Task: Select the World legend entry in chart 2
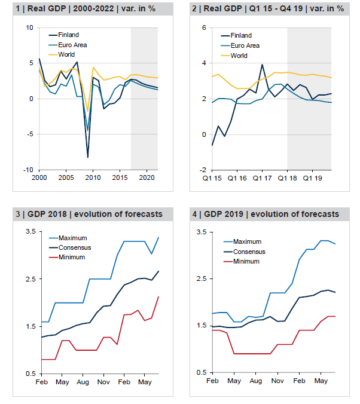239,56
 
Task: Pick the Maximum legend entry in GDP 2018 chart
73,238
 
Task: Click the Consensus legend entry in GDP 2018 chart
75,247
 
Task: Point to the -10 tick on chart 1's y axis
28,170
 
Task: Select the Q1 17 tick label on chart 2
261,178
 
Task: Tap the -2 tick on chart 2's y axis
203,170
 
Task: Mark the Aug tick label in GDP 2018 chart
83,381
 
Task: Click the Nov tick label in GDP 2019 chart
277,381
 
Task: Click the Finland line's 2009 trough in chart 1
88,157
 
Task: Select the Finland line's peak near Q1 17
262,65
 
